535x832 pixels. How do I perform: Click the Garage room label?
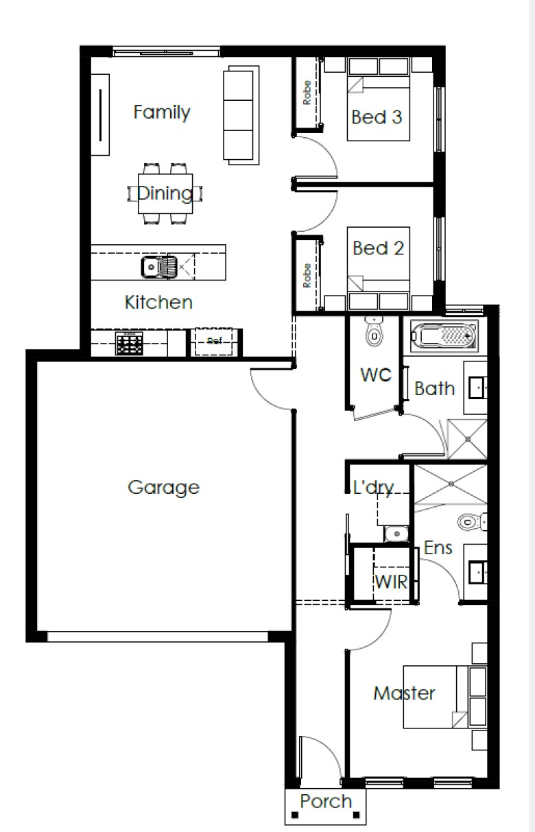(x=163, y=487)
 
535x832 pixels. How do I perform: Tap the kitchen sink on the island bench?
(x=159, y=267)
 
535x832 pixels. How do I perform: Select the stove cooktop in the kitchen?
(x=129, y=343)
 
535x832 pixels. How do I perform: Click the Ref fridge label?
(x=215, y=341)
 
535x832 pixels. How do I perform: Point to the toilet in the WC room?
(x=374, y=332)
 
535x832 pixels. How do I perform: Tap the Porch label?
(x=326, y=801)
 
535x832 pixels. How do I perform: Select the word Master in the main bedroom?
(x=404, y=693)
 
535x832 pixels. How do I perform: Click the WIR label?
(x=391, y=582)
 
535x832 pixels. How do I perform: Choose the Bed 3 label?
(x=377, y=117)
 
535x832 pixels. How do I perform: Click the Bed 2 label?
(x=378, y=248)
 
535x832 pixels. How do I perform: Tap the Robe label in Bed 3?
(x=307, y=93)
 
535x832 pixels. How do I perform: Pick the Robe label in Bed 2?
(x=307, y=275)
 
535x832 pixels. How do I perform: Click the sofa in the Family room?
(x=241, y=115)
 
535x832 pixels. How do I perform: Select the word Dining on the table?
(x=165, y=193)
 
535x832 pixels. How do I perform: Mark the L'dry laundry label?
(x=372, y=487)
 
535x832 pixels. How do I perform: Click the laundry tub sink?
(x=396, y=534)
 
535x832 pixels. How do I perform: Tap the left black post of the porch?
(x=295, y=816)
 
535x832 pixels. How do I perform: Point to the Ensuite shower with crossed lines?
(x=450, y=484)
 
